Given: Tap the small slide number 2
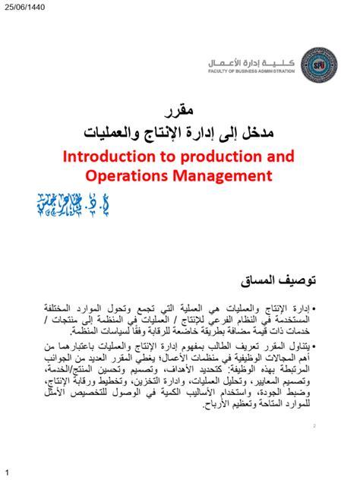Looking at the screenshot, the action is (x=314, y=427).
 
